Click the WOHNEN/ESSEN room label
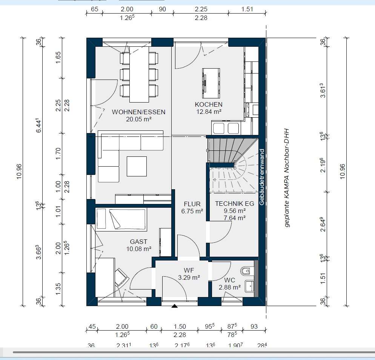point(138,112)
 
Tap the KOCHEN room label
point(208,104)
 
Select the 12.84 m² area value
point(208,112)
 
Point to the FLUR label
point(192,204)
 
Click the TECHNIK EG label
point(234,204)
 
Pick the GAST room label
point(138,242)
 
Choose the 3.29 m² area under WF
point(189,277)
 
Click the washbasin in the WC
point(249,286)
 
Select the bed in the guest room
point(121,219)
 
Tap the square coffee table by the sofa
point(137,166)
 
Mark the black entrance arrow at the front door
point(174,306)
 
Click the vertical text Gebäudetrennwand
point(261,177)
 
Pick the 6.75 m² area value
point(192,211)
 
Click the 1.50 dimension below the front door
point(180,326)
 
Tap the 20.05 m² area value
point(138,119)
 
